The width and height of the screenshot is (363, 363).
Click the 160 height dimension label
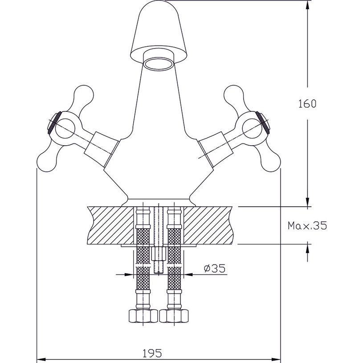click(x=307, y=104)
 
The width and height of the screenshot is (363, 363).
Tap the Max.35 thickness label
click(x=307, y=226)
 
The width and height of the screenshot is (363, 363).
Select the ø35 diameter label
click(x=214, y=268)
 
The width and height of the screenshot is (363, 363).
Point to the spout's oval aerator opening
click(x=159, y=62)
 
